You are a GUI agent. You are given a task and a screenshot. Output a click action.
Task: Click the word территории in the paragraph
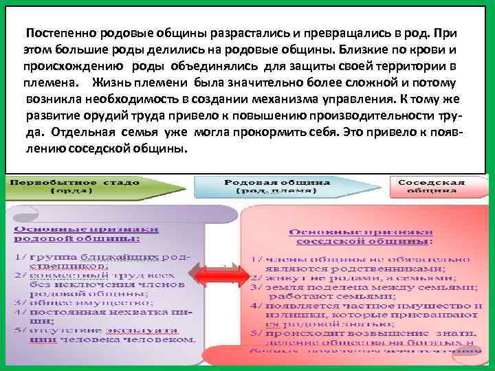pyautogui.click(x=411, y=67)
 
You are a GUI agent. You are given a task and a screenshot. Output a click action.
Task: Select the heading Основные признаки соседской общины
pyautogui.click(x=362, y=236)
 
